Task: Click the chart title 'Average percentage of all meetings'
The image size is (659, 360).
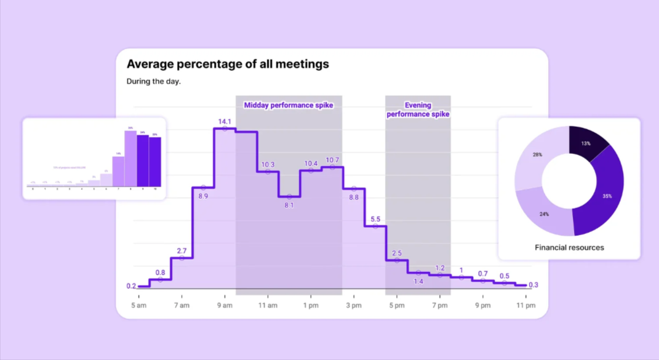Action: point(228,64)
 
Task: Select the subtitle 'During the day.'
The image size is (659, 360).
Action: point(153,81)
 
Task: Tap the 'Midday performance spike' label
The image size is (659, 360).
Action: point(289,105)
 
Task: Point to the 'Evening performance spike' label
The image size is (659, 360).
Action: point(418,110)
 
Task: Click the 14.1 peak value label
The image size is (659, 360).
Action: point(224,121)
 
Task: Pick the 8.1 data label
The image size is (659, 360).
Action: point(289,205)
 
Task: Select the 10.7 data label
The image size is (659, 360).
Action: point(332,160)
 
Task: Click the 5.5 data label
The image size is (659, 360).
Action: point(376,219)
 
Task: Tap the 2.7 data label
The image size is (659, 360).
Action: point(182,251)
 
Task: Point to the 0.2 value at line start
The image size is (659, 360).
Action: point(131,286)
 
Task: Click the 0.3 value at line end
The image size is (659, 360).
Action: point(533,285)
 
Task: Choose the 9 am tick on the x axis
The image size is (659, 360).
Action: point(225,305)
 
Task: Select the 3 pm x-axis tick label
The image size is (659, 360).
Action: point(354,305)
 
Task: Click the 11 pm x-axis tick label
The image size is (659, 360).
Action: point(525,305)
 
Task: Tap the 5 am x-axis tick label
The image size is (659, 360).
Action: point(139,305)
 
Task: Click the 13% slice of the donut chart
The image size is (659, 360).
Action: point(587,143)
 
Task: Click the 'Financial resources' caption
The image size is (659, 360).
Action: point(569,247)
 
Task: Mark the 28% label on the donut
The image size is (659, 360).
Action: point(537,154)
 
